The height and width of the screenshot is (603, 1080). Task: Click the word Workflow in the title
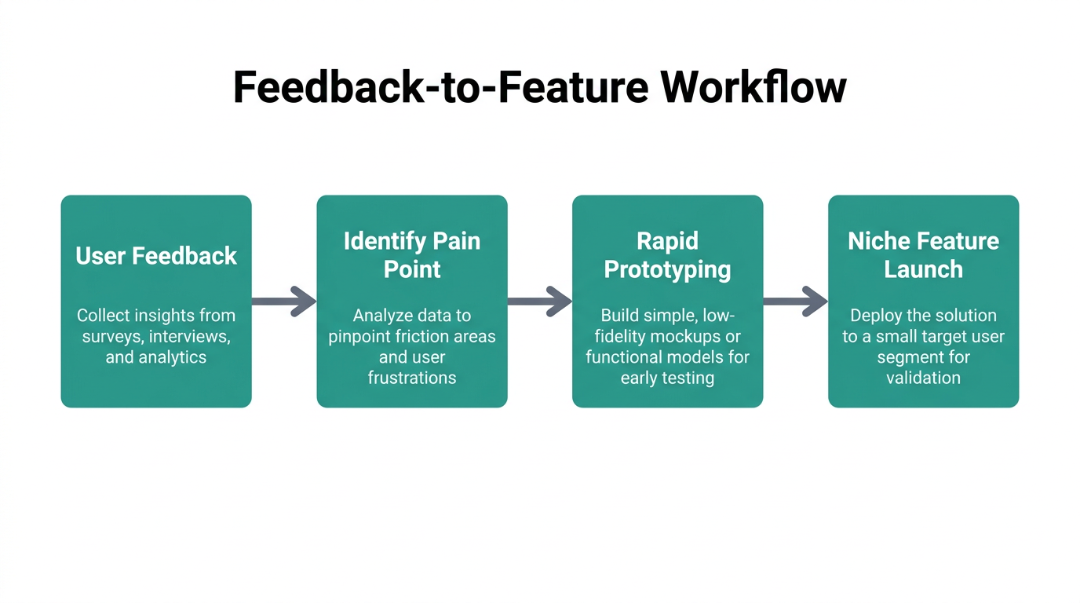pos(753,87)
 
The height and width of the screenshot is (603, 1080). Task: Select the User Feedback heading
pos(156,256)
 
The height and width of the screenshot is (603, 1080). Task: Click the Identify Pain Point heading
pos(412,254)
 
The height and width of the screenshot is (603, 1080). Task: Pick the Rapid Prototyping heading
pos(667,254)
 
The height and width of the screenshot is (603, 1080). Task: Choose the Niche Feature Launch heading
pos(923,254)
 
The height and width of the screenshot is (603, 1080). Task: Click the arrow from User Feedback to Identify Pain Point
pos(283,301)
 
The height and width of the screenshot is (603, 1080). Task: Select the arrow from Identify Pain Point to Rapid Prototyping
pos(539,301)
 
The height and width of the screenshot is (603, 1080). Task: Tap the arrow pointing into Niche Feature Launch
pos(795,301)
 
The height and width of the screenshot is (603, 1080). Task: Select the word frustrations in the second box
pos(412,378)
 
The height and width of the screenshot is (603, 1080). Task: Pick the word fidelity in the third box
pos(621,337)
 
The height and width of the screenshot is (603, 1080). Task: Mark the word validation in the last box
pos(923,378)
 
